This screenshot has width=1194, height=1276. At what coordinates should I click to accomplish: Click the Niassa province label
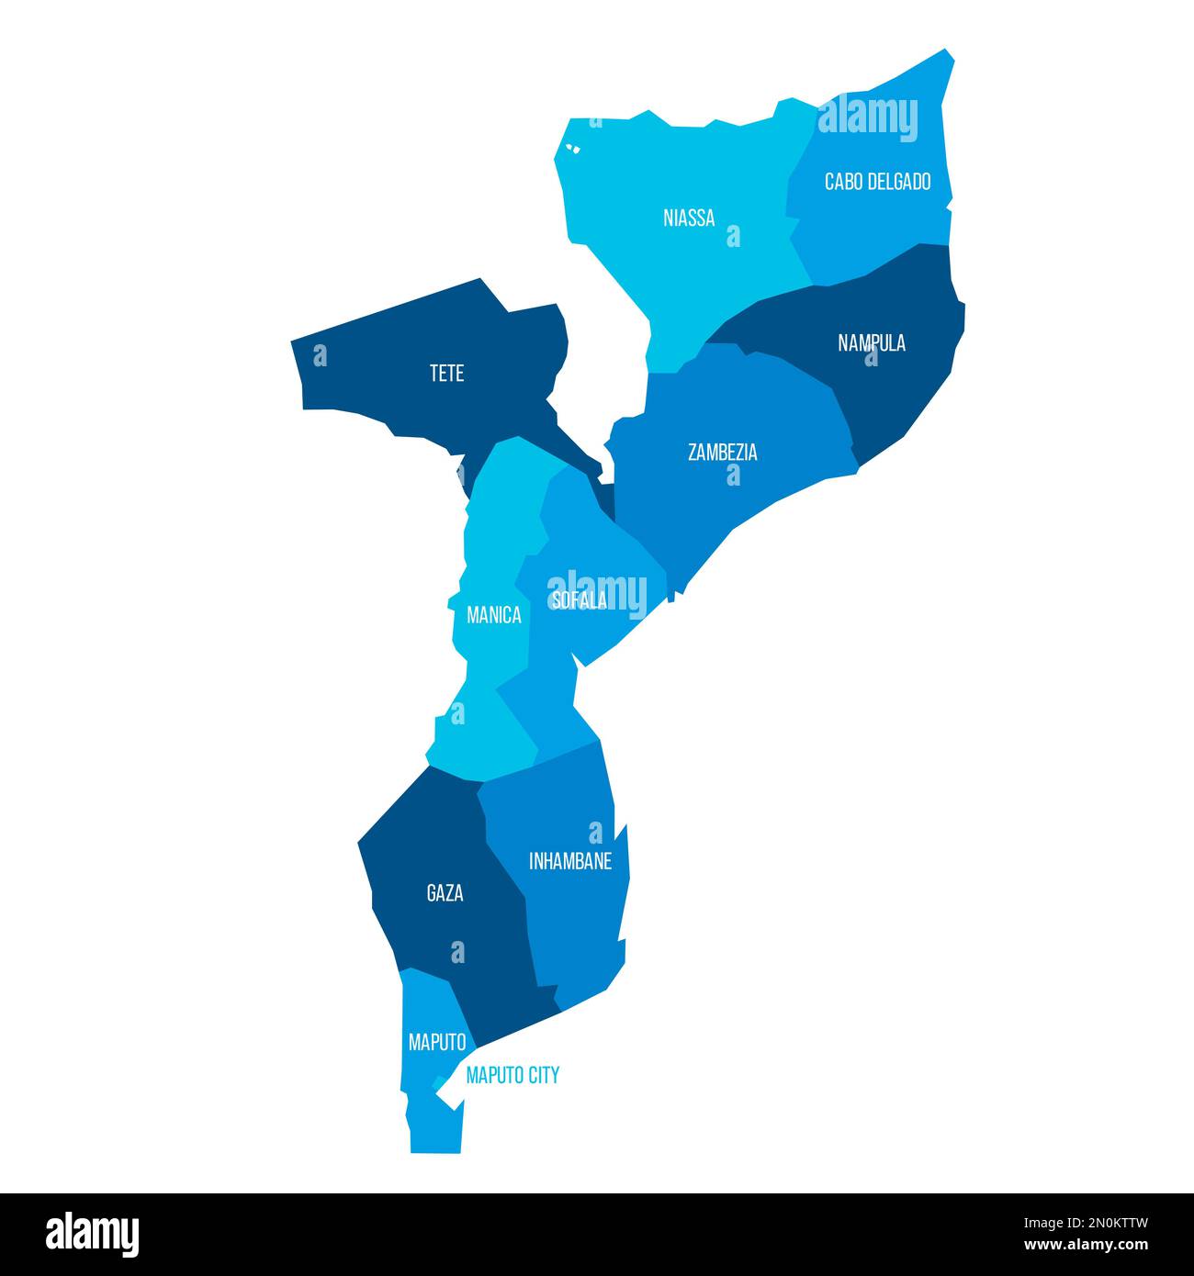click(x=689, y=218)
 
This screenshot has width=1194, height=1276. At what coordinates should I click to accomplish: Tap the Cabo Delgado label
click(x=877, y=182)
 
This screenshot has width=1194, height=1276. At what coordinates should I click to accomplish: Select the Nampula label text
click(x=872, y=343)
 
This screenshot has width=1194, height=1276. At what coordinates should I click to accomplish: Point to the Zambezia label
click(x=723, y=453)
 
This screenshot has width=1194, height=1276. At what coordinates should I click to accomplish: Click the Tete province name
click(x=447, y=374)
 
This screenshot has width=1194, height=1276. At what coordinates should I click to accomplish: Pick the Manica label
click(x=494, y=615)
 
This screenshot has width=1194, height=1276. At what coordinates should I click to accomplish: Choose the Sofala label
click(x=579, y=600)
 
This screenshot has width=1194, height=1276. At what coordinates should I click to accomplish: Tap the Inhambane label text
click(x=570, y=861)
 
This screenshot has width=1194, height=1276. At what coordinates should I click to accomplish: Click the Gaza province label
click(x=445, y=892)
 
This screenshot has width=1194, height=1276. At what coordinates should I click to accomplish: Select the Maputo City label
click(x=513, y=1075)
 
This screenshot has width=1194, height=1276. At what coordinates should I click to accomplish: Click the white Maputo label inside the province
click(x=437, y=1043)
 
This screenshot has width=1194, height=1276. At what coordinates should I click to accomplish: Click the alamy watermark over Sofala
click(x=597, y=591)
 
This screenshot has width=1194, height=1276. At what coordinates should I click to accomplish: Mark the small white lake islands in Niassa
click(x=574, y=147)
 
